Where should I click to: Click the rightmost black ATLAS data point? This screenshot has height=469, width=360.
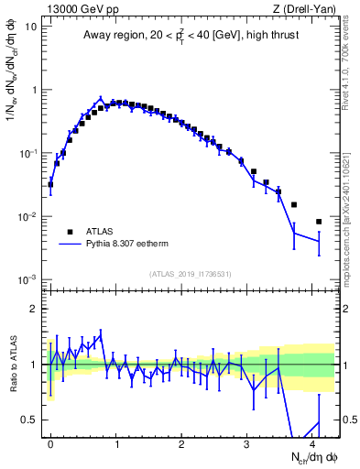319,222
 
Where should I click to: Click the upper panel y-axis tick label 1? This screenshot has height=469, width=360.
34,90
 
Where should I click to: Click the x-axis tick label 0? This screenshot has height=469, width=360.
50,442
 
